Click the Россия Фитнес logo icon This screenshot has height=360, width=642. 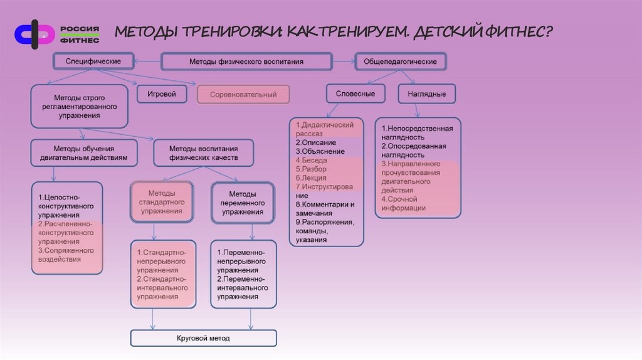(x=35, y=34)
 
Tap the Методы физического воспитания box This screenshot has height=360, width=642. (x=246, y=62)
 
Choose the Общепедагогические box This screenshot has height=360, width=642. (x=401, y=61)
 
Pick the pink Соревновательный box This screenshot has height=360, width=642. (x=243, y=95)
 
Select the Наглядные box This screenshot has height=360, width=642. (x=426, y=94)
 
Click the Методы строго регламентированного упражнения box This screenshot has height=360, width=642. (x=79, y=107)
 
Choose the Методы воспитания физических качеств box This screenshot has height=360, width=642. (x=204, y=153)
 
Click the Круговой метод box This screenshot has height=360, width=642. (x=204, y=338)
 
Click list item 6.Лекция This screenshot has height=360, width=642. (x=311, y=178)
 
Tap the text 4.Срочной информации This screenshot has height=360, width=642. (x=404, y=204)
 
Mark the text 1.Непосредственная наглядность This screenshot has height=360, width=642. (x=417, y=132)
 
